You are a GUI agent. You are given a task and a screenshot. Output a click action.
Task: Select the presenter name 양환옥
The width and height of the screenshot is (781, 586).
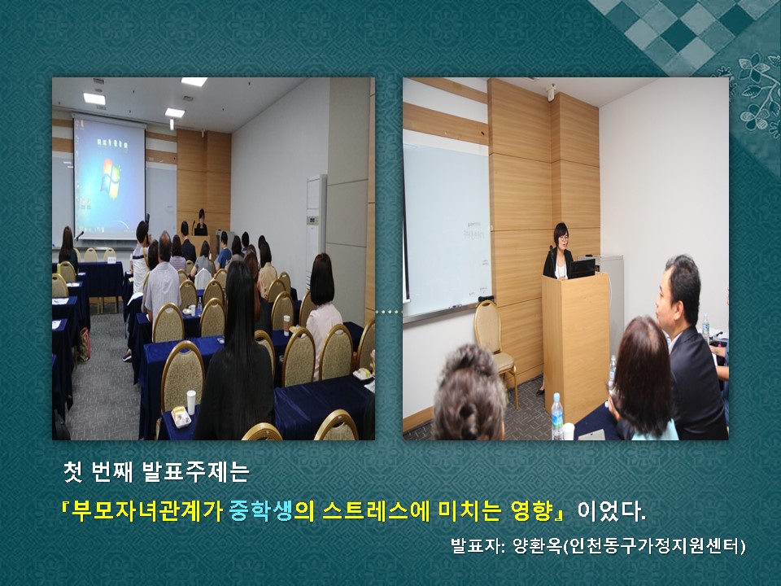tap(538, 546)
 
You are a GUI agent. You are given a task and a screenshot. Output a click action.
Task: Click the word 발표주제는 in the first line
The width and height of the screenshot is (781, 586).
tap(195, 472)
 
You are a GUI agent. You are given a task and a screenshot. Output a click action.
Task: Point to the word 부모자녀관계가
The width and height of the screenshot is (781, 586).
tap(147, 511)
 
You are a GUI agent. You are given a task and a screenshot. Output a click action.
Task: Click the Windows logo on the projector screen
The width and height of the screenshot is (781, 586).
tap(111, 176)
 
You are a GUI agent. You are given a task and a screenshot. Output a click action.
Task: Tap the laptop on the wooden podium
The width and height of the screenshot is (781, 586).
tap(582, 268)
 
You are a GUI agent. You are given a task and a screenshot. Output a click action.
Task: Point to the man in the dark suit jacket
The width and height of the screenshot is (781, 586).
tap(690, 349)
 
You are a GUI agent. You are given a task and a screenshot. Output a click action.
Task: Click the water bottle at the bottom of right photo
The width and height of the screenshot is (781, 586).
tap(557, 417)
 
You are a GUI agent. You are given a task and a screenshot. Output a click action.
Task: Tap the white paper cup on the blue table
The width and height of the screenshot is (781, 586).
tap(191, 402)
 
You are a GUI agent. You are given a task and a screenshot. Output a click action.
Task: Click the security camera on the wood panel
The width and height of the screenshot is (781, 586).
tap(552, 92)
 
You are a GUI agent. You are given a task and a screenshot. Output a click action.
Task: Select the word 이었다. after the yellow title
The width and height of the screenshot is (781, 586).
tap(611, 511)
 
